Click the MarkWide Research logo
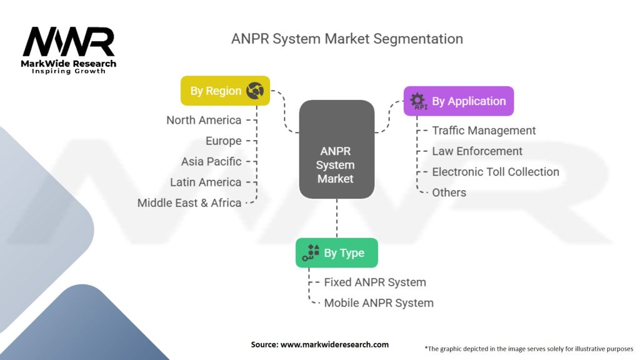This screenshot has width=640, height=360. (69, 50)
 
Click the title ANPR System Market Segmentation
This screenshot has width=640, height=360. (347, 39)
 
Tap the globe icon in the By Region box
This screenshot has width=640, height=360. (255, 91)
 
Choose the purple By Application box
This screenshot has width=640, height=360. (459, 101)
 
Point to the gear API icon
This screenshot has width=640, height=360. (417, 101)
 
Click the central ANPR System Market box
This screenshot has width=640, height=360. (336, 165)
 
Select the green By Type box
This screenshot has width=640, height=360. (336, 253)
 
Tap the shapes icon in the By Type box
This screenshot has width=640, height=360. (311, 252)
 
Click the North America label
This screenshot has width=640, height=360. (204, 120)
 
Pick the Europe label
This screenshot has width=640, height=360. (223, 141)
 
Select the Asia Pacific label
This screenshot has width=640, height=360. (211, 161)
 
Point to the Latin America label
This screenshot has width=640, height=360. (206, 182)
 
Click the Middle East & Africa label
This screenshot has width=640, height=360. (189, 202)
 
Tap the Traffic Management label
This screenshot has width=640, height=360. (484, 131)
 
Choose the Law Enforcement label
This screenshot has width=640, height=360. (477, 151)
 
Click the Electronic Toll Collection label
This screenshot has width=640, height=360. (496, 172)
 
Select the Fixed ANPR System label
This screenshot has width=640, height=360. (375, 282)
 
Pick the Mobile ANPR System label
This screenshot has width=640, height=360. (379, 303)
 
